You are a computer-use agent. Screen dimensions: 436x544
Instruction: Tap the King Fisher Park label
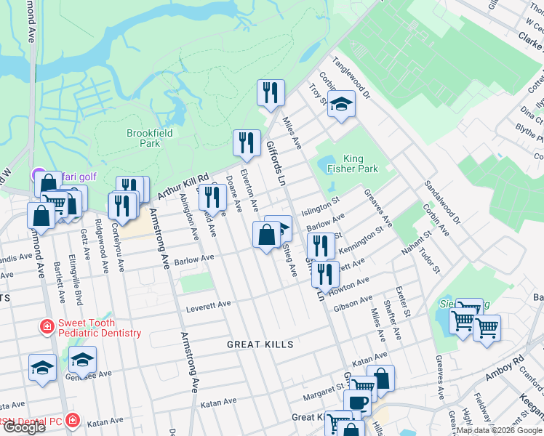pos(353,163)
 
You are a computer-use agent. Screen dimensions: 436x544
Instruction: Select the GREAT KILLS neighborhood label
pos(260,344)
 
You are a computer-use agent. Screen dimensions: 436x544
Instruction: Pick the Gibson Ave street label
pos(353,304)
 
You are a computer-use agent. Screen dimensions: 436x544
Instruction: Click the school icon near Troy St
pos(341,105)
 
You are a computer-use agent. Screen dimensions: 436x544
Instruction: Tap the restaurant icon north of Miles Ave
pos(271,92)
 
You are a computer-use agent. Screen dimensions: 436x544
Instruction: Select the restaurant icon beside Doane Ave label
pos(212,197)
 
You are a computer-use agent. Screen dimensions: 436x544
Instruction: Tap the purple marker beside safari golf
pos(38,174)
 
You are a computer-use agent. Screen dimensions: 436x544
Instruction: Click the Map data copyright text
pos(499,430)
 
